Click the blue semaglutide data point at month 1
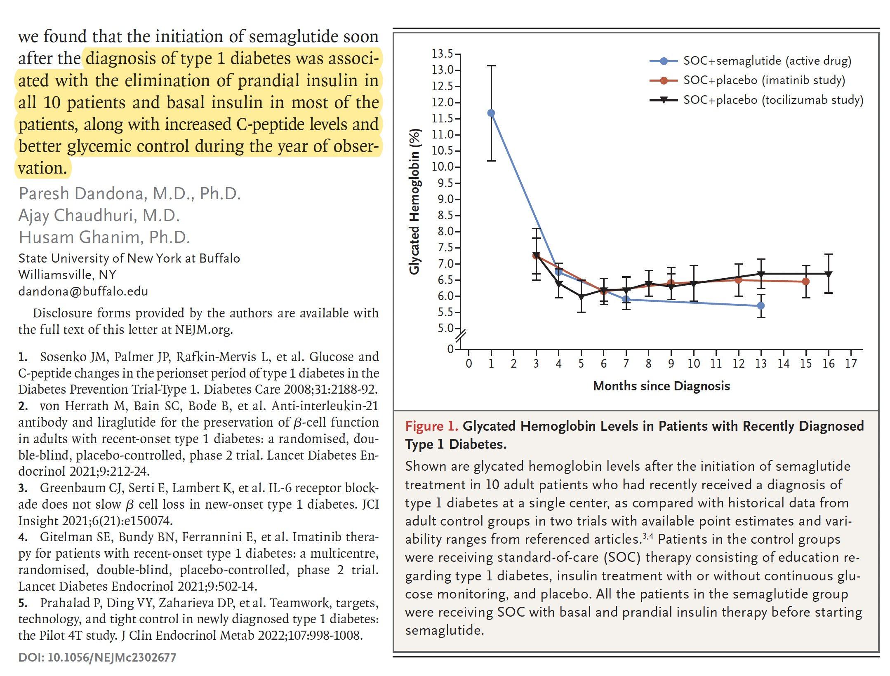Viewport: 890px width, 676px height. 491,113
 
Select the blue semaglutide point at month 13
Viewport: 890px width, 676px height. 761,305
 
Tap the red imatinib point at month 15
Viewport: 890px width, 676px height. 805,282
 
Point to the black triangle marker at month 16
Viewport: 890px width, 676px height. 828,274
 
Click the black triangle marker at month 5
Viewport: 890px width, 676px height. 581,296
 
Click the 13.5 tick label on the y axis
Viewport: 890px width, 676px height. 442,54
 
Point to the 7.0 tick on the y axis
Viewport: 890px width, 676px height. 445,264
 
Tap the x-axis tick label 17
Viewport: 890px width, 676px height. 851,364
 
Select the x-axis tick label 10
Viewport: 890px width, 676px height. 693,364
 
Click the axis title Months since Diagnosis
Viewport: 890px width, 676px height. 661,386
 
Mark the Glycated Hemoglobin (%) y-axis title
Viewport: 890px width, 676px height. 414,201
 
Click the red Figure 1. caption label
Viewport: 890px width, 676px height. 431,426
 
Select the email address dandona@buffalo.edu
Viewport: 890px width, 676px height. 83,291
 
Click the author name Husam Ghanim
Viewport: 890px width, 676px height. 104,237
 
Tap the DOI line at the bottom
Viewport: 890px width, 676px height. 97,657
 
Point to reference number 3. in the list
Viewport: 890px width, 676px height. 23,488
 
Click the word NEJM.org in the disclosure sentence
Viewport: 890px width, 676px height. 203,330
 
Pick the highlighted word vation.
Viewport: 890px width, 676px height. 42,168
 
